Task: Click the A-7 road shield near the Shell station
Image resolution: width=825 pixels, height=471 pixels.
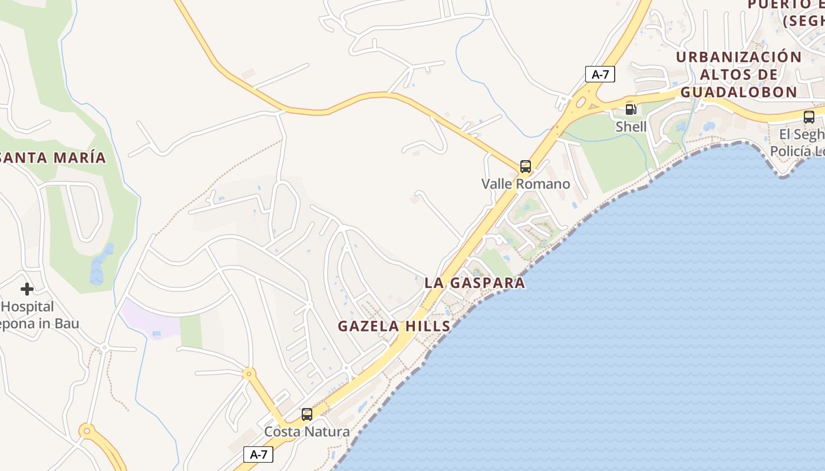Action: [x=600, y=74]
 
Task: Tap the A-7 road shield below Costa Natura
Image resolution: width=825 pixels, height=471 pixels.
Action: [x=258, y=455]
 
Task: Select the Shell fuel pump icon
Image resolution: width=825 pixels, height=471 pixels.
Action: [x=631, y=109]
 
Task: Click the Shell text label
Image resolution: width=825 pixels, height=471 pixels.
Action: [x=631, y=127]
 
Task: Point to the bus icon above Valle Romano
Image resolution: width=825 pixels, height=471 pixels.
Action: [x=525, y=167]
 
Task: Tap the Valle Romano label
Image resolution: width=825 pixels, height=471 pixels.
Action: [x=526, y=184]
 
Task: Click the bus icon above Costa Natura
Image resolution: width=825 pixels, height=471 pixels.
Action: [x=306, y=414]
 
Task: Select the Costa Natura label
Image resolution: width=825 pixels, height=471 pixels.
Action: [x=306, y=432]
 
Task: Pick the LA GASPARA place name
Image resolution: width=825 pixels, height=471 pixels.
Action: [x=474, y=283]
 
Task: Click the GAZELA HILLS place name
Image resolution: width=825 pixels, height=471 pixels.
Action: [x=394, y=326]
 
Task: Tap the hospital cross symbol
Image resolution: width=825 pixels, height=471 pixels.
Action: [x=27, y=289]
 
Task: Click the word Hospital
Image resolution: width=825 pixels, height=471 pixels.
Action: [x=28, y=307]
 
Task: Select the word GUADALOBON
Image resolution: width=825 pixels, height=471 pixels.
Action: [x=738, y=92]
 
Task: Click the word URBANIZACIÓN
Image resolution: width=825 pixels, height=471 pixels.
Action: [x=738, y=57]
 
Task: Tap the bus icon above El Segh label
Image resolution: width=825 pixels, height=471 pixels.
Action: [x=809, y=117]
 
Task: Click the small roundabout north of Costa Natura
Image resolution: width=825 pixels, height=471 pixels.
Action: [x=249, y=373]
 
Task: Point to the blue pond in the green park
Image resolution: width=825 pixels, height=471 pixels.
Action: [x=100, y=265]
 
